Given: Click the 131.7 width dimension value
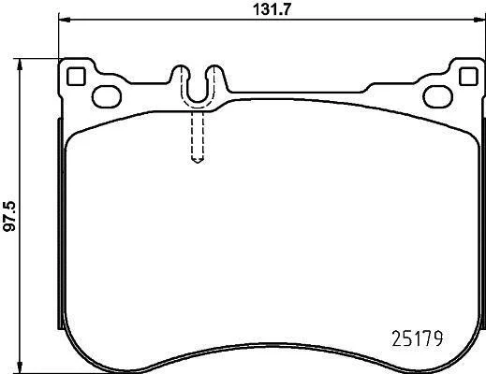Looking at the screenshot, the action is [x=272, y=9].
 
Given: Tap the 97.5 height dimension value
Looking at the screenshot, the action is [x=9, y=216].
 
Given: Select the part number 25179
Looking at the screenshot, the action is [x=417, y=338].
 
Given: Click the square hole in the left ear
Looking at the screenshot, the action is [x=76, y=77].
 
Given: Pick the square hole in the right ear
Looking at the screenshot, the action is [x=468, y=76].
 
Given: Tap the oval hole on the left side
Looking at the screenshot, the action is [x=107, y=96].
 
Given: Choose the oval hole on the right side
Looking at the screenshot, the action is [x=437, y=96].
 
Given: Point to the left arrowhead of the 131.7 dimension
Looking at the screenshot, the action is [x=65, y=20].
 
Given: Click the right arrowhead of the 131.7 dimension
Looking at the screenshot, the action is [x=479, y=20].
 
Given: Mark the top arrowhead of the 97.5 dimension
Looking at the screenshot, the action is [x=20, y=65].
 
